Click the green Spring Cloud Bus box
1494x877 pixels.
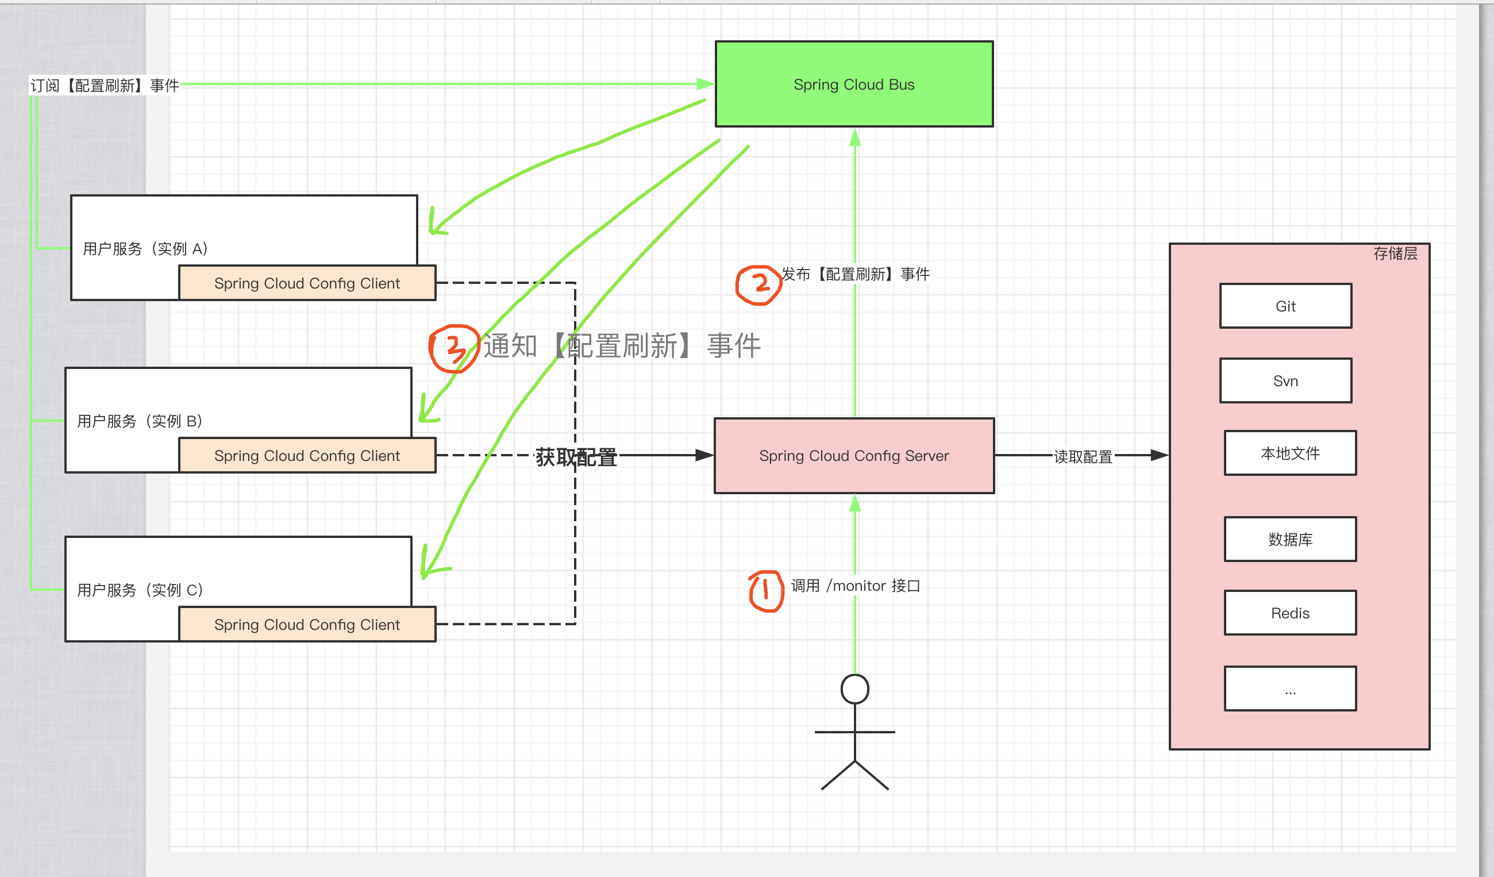[x=854, y=84]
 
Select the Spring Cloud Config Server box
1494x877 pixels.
[x=854, y=455]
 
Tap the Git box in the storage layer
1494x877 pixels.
[x=1285, y=306]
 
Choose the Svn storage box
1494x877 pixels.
[x=1285, y=380]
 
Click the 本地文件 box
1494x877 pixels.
[x=1290, y=453]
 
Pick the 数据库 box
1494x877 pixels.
[x=1290, y=539]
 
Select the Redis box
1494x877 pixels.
[x=1290, y=613]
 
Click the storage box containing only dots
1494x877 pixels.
[x=1290, y=688]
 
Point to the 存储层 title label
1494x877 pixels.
[x=1395, y=254]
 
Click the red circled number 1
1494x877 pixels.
[x=766, y=591]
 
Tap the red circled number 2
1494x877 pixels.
[x=759, y=285]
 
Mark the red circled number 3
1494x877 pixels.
[x=453, y=349]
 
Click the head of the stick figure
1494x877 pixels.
[x=854, y=689]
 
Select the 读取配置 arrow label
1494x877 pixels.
[x=1083, y=456]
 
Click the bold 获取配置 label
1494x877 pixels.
[x=576, y=458]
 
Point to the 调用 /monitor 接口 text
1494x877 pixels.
[x=855, y=586]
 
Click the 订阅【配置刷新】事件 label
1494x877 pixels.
[x=105, y=86]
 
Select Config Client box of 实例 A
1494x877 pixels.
[x=307, y=283]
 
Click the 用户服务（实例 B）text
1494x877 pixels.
[x=139, y=421]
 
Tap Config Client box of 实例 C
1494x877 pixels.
[x=307, y=624]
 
